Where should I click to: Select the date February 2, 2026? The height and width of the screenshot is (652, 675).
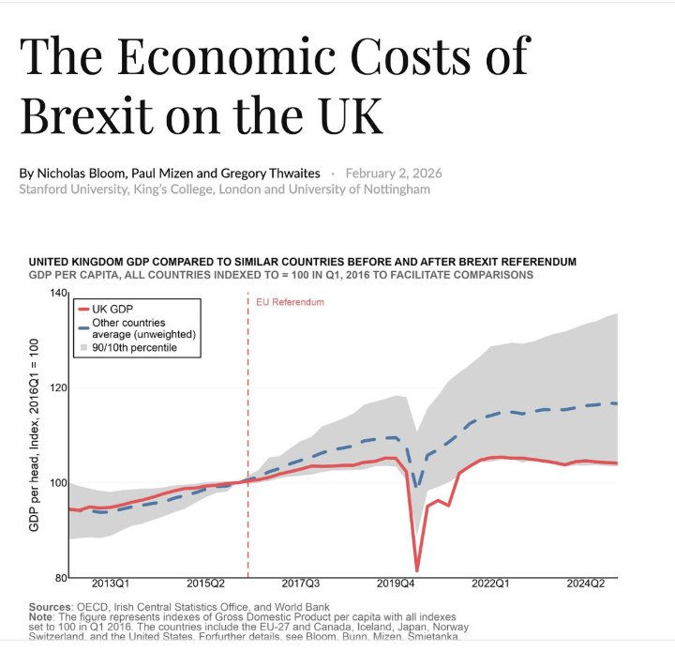point(394,174)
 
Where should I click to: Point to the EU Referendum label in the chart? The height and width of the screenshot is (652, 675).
point(290,302)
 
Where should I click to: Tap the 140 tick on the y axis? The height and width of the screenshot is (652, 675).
point(59,294)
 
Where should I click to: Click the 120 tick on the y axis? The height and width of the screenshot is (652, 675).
point(59,387)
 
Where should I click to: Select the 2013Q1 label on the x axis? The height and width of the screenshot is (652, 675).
point(111,584)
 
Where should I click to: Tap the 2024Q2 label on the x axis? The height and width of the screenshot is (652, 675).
point(586,584)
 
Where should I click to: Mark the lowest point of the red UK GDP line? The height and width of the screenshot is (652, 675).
point(416,569)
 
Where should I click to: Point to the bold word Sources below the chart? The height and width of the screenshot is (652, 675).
point(52,607)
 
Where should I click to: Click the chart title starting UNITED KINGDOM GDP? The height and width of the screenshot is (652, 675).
point(303,262)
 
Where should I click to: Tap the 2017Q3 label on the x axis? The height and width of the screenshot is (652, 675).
point(300,584)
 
